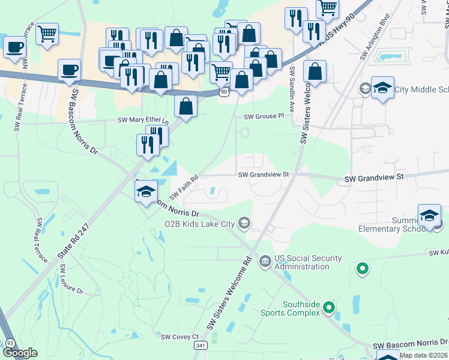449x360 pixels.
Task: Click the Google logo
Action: pyautogui.click(x=20, y=353)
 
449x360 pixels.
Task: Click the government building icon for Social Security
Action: pyautogui.click(x=265, y=262)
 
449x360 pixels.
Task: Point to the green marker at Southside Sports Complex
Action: pyautogui.click(x=328, y=308)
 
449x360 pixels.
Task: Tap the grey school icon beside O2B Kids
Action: pyautogui.click(x=244, y=224)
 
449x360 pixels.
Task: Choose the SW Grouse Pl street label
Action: pyautogui.click(x=263, y=116)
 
